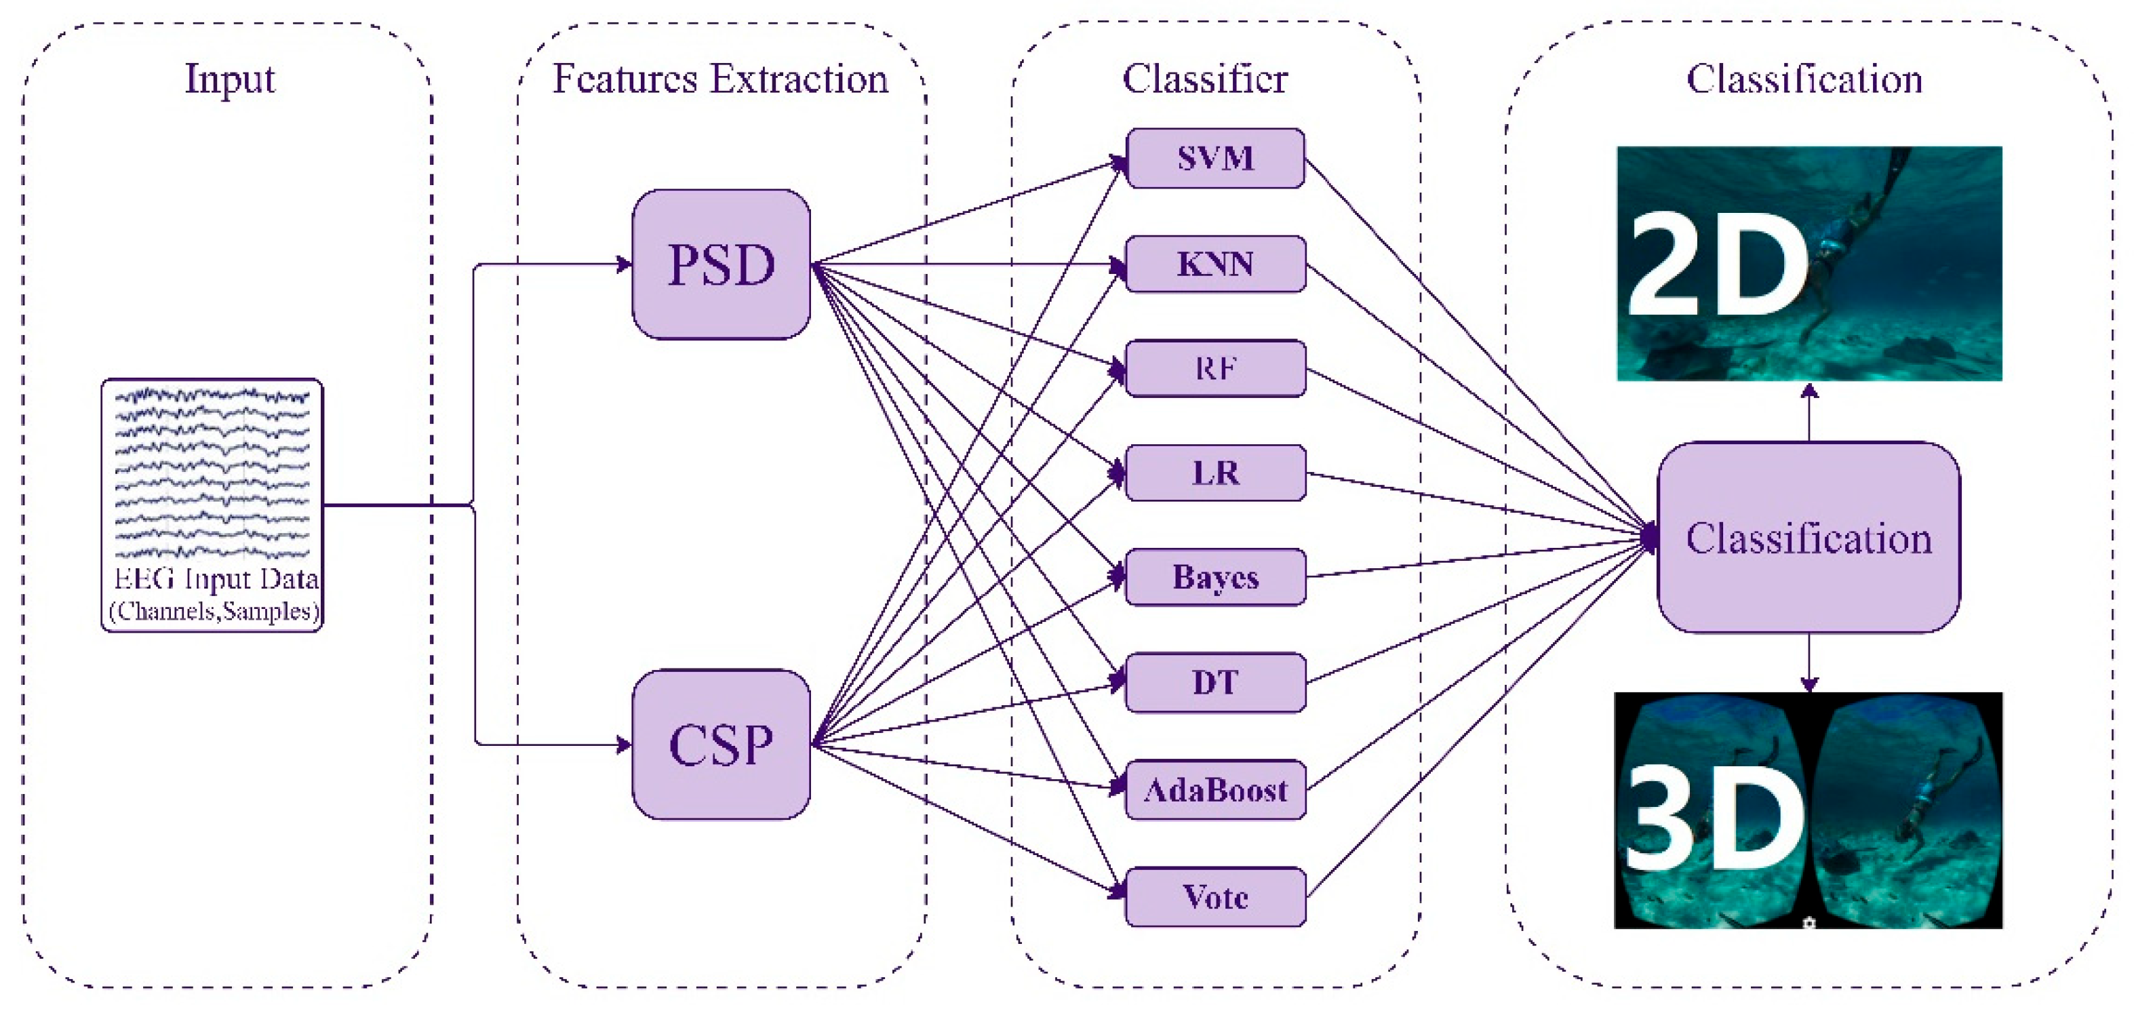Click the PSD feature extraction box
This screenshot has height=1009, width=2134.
[x=721, y=264]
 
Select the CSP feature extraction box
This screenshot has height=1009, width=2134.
[x=721, y=744]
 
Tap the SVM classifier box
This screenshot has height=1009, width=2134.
[x=1215, y=158]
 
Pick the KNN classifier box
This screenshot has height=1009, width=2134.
[x=1215, y=264]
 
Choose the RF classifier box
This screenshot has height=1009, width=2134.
[x=1215, y=368]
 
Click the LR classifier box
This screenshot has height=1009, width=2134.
[x=1215, y=473]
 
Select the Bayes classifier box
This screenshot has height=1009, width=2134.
[x=1215, y=576]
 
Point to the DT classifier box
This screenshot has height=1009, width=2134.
[x=1215, y=683]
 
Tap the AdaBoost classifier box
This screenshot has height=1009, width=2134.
[x=1215, y=789]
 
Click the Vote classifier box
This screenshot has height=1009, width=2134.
[x=1215, y=896]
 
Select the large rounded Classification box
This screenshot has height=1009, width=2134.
[x=1809, y=538]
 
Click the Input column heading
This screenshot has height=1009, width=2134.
[x=229, y=79]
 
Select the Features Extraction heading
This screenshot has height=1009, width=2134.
[x=720, y=79]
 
